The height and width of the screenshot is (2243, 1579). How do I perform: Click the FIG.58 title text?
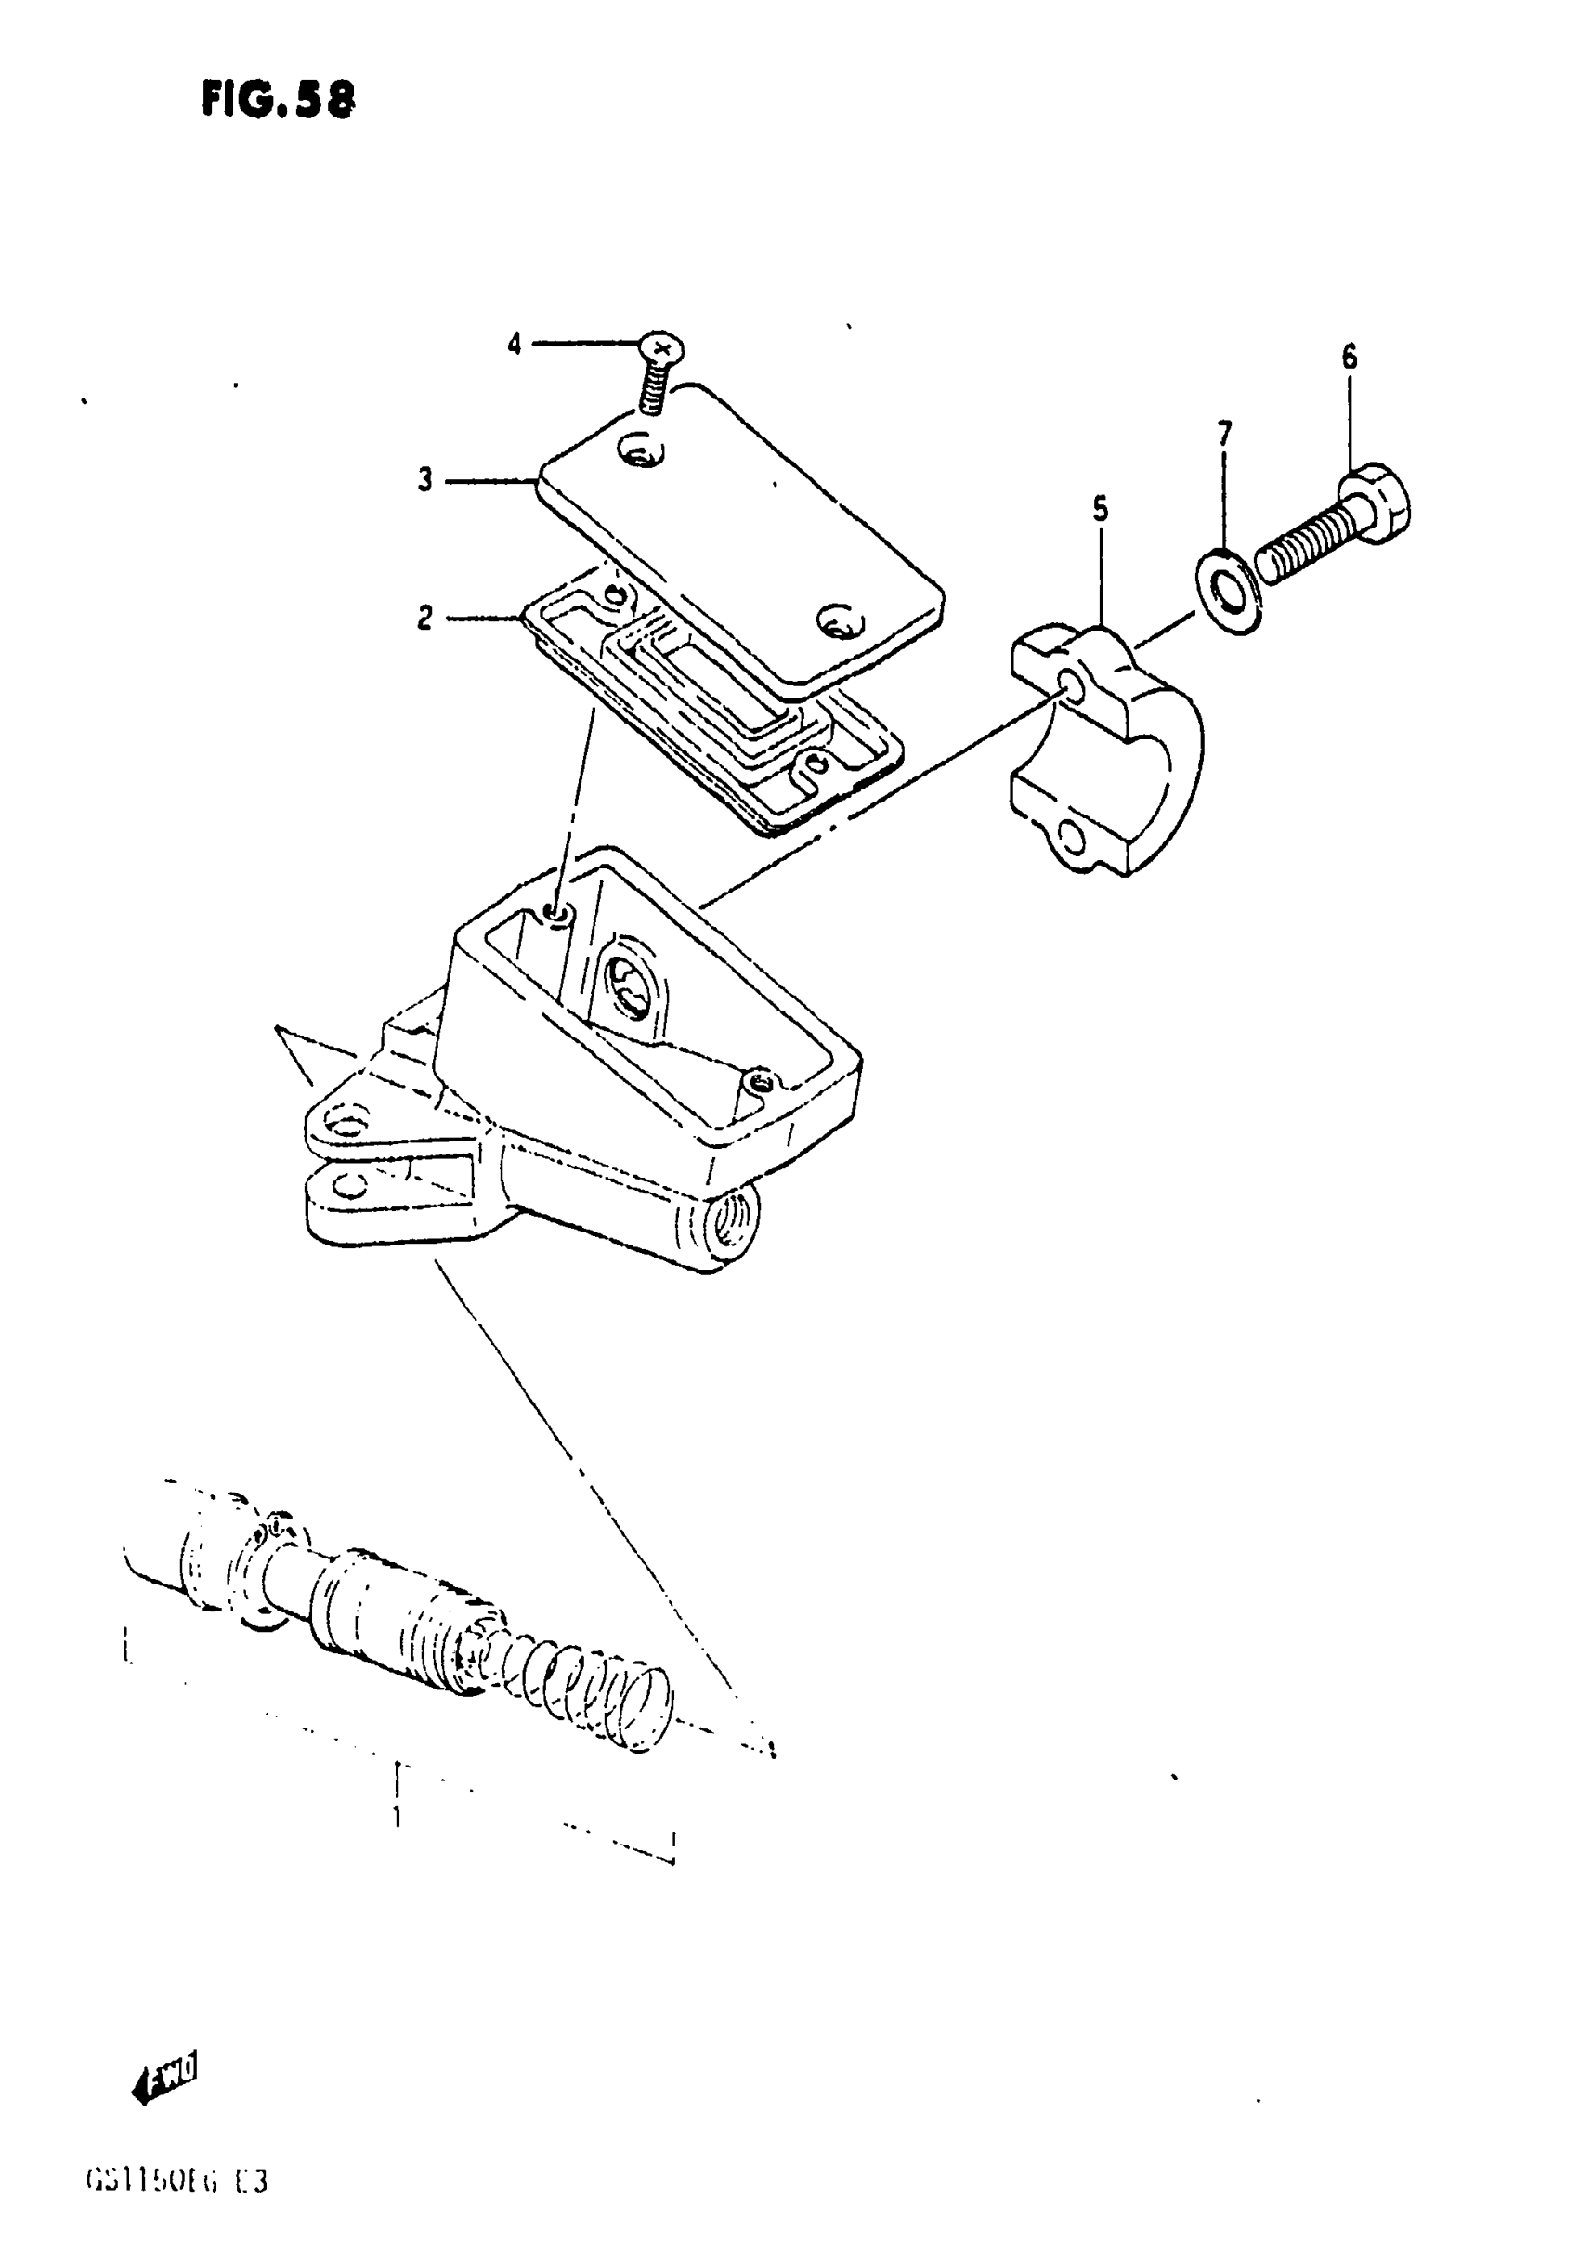pos(279,98)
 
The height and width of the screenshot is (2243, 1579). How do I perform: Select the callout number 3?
pos(425,481)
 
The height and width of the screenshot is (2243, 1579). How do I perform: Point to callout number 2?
pos(425,618)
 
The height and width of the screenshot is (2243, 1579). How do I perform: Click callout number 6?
pos(1349,359)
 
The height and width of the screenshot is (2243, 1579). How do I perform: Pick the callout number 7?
pos(1224,432)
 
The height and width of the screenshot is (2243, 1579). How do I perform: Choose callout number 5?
pos(1101,509)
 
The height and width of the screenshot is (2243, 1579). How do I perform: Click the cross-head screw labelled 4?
pos(661,347)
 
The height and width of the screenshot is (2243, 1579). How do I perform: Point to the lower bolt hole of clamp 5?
pos(1072,836)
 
